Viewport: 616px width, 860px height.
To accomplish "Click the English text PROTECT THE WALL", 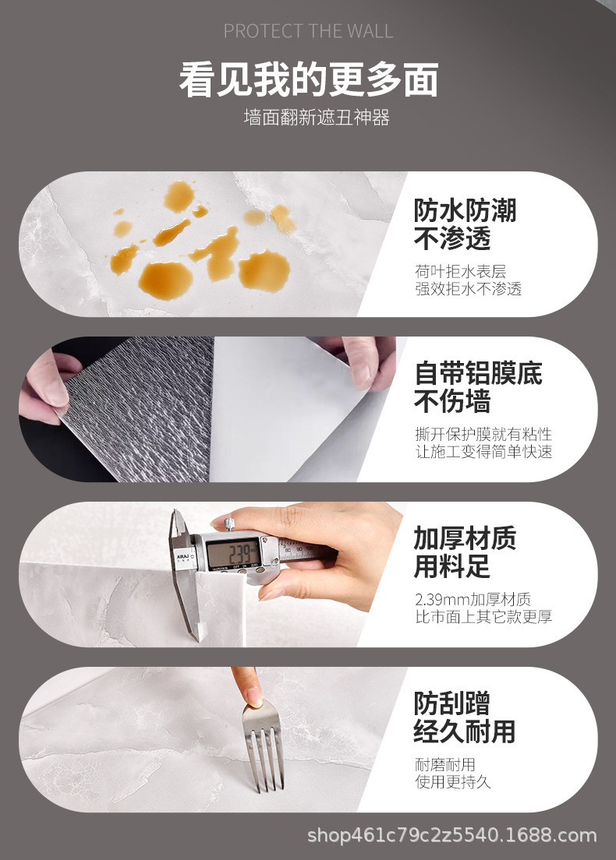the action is (x=308, y=30).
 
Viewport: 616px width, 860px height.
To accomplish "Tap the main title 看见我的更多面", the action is (x=309, y=80).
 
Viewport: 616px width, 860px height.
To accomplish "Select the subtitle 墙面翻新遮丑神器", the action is (x=317, y=118).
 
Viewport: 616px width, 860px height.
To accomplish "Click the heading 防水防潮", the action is (x=465, y=210).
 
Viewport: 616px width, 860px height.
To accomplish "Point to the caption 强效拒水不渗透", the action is (x=469, y=289).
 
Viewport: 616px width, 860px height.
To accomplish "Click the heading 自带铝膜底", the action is (x=478, y=373).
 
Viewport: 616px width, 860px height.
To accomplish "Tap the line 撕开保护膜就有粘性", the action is (x=483, y=434).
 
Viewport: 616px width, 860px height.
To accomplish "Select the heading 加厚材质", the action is (x=465, y=538).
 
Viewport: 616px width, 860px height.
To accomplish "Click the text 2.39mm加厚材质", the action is (x=473, y=599).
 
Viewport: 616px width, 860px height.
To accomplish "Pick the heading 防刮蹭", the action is (x=451, y=703).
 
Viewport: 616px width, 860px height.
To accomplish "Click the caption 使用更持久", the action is (x=453, y=781).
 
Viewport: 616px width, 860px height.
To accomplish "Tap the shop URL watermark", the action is (x=451, y=835).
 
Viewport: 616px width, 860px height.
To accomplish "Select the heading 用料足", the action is (x=451, y=566).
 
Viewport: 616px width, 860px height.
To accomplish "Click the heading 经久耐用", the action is (x=465, y=731).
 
